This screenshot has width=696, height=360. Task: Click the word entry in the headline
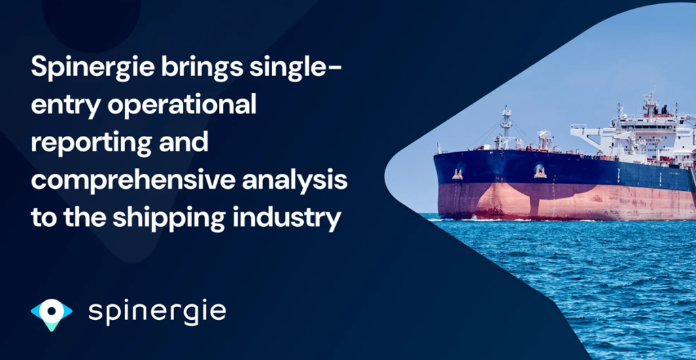pos(58,105)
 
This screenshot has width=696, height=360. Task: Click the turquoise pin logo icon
pos(52,313)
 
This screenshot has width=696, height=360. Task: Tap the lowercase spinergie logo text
pos(157,312)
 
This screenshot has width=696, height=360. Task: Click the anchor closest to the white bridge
pos(540,171)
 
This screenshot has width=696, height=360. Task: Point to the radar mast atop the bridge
pos(651,102)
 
